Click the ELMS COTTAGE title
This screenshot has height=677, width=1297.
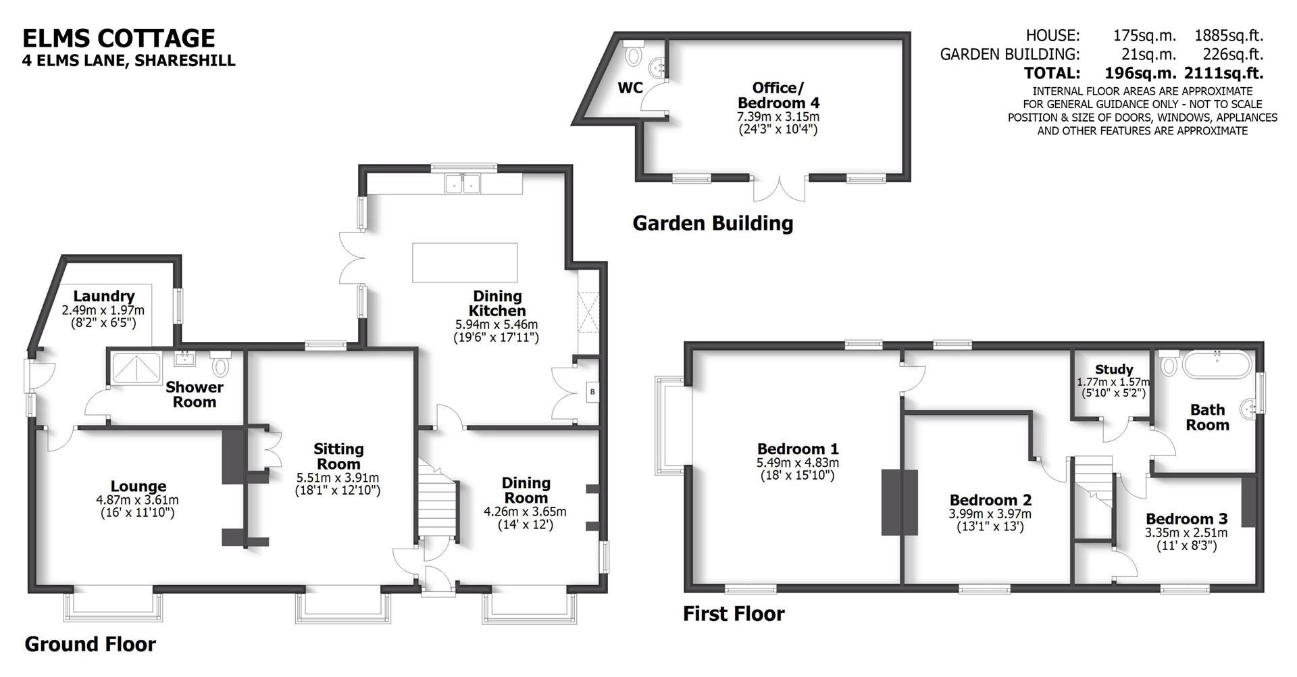tap(119, 38)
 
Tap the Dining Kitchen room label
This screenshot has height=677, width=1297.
tap(498, 303)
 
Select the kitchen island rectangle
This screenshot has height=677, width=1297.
tap(465, 263)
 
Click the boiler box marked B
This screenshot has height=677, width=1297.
tap(592, 391)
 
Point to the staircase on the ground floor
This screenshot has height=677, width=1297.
tap(437, 503)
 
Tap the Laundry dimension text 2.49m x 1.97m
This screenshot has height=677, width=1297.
tap(103, 310)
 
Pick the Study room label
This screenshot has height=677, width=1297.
tap(1114, 369)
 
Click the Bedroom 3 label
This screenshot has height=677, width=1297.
tap(1186, 519)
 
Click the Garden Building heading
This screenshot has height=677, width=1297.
tap(713, 223)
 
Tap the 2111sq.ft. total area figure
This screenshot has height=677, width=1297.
tap(1223, 73)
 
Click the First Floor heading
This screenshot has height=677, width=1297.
tap(734, 613)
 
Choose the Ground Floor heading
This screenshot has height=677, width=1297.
tap(90, 644)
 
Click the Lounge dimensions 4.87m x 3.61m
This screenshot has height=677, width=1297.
tap(138, 500)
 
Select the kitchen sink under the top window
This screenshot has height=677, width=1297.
tap(463, 183)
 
